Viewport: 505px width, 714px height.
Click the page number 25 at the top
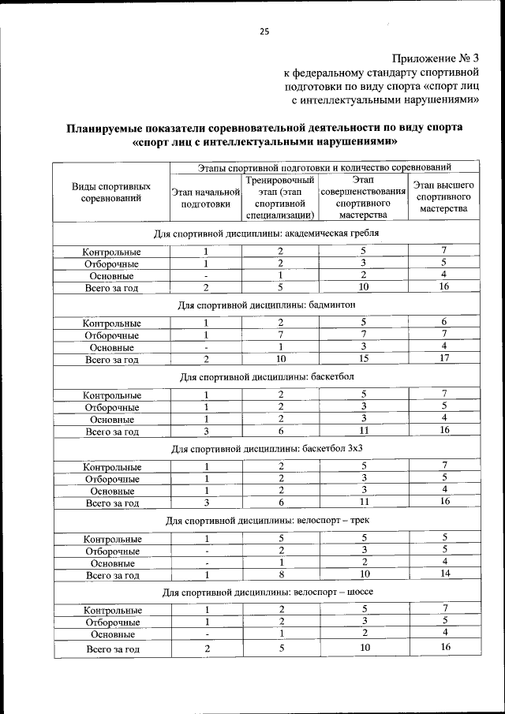click(264, 32)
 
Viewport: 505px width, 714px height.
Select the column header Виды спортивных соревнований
click(111, 193)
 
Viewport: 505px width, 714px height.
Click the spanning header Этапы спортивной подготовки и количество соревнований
click(324, 167)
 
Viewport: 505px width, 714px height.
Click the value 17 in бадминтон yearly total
click(444, 359)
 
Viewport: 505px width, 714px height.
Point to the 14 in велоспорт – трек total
click(444, 575)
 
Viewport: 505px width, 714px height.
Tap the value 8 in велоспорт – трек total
click(280, 575)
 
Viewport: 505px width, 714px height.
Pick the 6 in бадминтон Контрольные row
click(444, 322)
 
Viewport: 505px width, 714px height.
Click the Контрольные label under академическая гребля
click(112, 252)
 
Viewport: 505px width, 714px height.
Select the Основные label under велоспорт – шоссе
click(112, 634)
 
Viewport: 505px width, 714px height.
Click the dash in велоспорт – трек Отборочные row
click(205, 551)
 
